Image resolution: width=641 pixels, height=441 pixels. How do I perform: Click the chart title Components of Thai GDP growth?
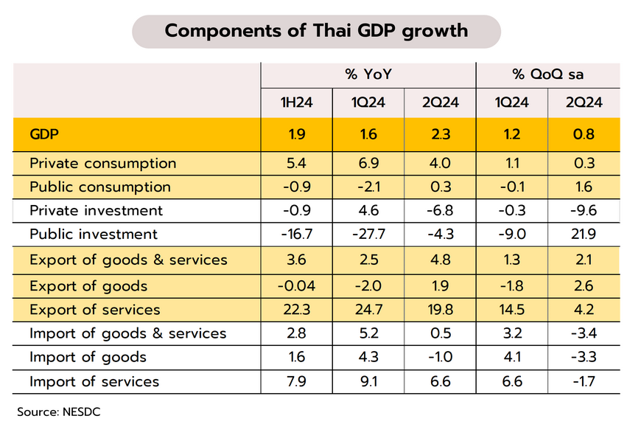coord(316,31)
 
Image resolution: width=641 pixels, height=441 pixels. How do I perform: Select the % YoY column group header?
coord(368,74)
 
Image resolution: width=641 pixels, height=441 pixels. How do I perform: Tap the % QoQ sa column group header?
coord(547,74)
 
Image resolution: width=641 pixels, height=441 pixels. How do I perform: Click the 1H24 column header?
coord(296,103)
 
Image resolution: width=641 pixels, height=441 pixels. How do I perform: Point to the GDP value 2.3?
coord(440,134)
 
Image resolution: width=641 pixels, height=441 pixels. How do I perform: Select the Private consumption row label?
coord(102,163)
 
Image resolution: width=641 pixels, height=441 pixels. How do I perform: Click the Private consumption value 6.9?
coord(368,163)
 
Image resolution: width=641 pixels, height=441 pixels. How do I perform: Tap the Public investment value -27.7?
coord(368,235)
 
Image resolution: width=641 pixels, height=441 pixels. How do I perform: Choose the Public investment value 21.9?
coord(584,235)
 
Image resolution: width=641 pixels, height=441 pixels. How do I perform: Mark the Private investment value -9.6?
coord(584,211)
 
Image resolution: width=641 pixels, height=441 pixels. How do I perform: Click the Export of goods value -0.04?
coord(296,285)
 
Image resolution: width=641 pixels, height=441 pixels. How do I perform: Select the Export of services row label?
coord(94,310)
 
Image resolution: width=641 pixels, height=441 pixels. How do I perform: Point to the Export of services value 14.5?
coord(512,310)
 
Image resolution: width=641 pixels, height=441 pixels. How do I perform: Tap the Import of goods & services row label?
coord(128,333)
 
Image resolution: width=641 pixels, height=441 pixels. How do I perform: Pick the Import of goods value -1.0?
coord(440,358)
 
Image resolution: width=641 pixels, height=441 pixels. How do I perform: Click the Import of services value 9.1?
coord(368,381)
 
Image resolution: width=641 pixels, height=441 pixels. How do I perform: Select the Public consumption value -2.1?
coord(368,187)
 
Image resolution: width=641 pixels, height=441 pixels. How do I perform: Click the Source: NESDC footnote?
coord(59,412)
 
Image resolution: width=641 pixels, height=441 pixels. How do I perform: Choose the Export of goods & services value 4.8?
coord(440,260)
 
